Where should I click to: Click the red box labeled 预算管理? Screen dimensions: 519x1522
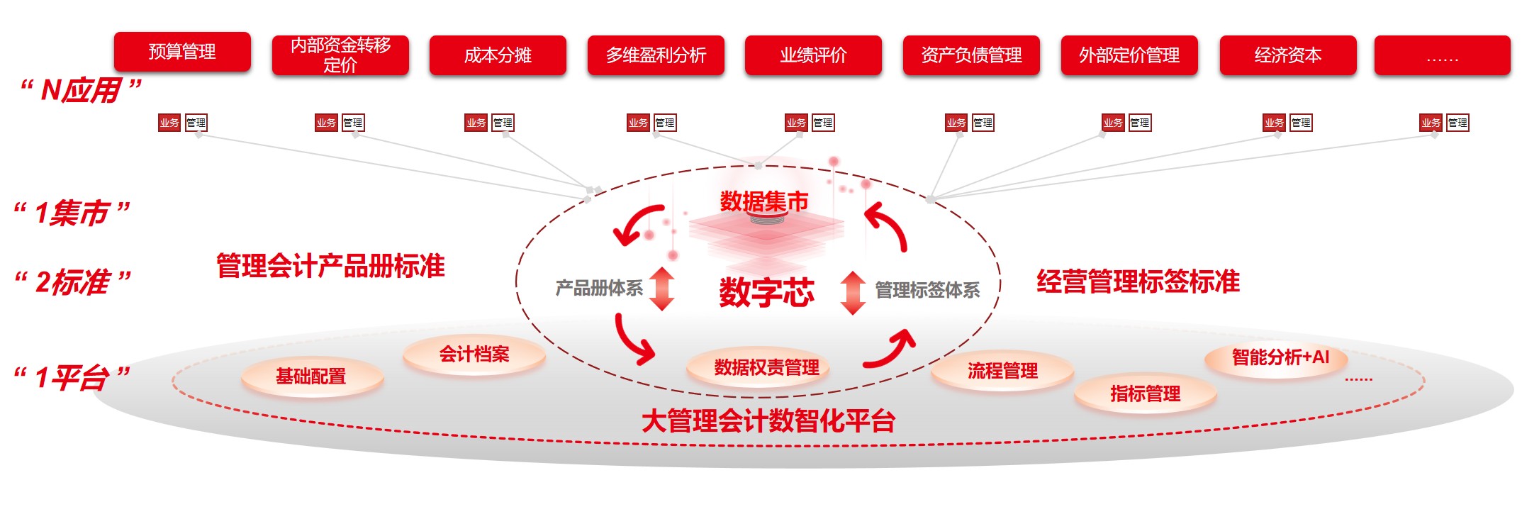pyautogui.click(x=182, y=52)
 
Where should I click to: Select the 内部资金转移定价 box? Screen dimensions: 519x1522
pyautogui.click(x=340, y=55)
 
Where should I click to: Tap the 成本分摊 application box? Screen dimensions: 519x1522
pyautogui.click(x=498, y=55)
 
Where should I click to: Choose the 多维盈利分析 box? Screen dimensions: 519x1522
pyautogui.click(x=656, y=55)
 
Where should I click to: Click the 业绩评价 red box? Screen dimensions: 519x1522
pyautogui.click(x=813, y=55)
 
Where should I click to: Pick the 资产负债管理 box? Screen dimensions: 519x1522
pyautogui.click(x=971, y=55)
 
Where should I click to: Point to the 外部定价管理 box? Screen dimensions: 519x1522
pyautogui.click(x=1129, y=55)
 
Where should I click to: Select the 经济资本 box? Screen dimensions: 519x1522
pyautogui.click(x=1287, y=55)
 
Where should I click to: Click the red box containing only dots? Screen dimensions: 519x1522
pyautogui.click(x=1442, y=55)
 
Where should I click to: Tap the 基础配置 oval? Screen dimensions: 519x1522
pyautogui.click(x=312, y=376)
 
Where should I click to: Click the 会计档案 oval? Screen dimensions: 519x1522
pyautogui.click(x=474, y=354)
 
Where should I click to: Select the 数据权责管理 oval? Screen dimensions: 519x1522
pyautogui.click(x=766, y=367)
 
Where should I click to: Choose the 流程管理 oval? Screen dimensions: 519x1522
pyautogui.click(x=1002, y=371)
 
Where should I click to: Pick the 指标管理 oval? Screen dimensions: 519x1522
pyautogui.click(x=1145, y=394)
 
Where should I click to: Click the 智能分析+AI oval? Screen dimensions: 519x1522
pyautogui.click(x=1280, y=357)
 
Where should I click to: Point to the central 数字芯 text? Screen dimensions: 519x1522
pyautogui.click(x=766, y=292)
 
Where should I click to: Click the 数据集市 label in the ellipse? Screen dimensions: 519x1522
pyautogui.click(x=763, y=202)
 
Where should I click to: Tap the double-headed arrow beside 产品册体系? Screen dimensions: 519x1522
pyautogui.click(x=661, y=289)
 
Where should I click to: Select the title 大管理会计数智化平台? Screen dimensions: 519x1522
pyautogui.click(x=768, y=421)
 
